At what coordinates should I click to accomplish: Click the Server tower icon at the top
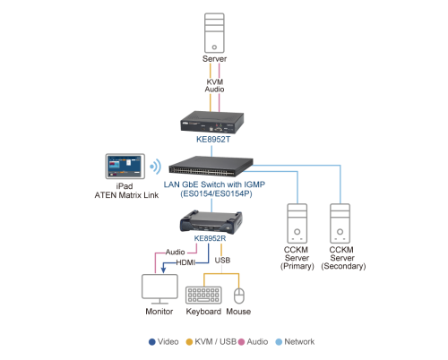[214, 33]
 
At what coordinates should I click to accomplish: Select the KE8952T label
[213, 140]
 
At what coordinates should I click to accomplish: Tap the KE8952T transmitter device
[212, 123]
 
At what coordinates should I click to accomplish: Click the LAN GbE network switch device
[211, 167]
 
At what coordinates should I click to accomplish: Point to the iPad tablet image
[125, 167]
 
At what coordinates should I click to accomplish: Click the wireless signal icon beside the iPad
[156, 167]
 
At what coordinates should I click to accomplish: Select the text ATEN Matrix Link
[126, 195]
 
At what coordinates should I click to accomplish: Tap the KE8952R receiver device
[211, 221]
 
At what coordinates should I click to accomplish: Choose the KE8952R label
[210, 238]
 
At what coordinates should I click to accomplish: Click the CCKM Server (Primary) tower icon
[297, 223]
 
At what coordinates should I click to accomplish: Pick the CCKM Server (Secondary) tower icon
[340, 223]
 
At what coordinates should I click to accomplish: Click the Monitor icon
[159, 289]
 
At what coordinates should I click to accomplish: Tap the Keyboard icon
[203, 295]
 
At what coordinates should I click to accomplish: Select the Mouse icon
[239, 296]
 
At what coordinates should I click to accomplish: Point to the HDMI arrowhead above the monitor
[163, 270]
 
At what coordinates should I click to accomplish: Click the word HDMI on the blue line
[185, 262]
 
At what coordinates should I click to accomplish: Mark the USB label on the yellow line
[222, 261]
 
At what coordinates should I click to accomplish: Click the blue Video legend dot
[152, 342]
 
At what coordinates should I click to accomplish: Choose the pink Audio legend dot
[241, 342]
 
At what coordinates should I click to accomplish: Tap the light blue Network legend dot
[279, 342]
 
